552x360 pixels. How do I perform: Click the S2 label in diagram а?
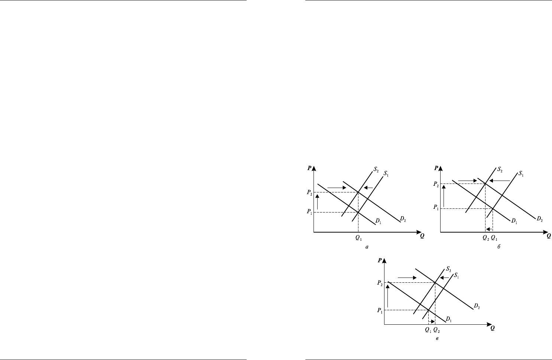(x=376, y=169)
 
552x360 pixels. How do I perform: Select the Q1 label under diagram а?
(x=358, y=238)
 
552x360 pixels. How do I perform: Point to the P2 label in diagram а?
(x=309, y=192)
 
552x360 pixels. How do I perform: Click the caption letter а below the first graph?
(x=367, y=247)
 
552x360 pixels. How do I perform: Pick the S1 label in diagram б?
(x=521, y=174)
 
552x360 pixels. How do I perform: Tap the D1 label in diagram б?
(x=514, y=221)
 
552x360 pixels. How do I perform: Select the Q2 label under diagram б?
(x=486, y=238)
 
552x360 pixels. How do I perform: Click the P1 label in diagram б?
(x=436, y=207)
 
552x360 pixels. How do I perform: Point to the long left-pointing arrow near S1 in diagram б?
(x=500, y=181)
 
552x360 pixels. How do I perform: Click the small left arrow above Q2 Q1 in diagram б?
(x=489, y=229)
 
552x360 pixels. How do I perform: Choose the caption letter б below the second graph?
(x=499, y=247)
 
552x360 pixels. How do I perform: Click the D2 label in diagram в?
(x=477, y=306)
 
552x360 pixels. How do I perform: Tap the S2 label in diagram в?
(x=448, y=269)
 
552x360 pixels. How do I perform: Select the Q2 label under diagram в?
(x=437, y=330)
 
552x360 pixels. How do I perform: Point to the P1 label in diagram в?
(x=380, y=311)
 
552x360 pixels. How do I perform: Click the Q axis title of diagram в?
(x=492, y=328)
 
